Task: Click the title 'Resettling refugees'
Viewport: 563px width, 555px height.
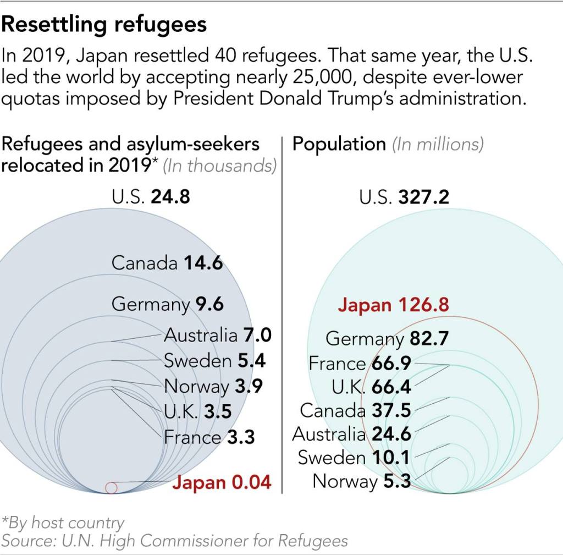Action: [104, 25]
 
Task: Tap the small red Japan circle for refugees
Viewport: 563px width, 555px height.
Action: [111, 487]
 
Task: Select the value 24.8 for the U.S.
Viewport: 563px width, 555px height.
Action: [170, 196]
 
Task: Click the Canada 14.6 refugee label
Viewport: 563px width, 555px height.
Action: [167, 263]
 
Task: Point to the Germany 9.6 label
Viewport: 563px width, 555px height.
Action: [167, 304]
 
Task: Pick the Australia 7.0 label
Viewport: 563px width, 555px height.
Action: [217, 335]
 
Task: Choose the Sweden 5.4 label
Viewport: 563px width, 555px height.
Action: [214, 361]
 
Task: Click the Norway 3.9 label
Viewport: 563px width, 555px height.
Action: [213, 387]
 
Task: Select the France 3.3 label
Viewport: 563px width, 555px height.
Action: [209, 437]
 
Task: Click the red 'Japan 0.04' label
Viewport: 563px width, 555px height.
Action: [222, 482]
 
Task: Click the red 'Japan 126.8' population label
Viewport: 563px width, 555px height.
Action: [393, 305]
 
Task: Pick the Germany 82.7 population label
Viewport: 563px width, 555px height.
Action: [387, 338]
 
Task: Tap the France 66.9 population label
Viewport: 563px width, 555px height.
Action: [360, 364]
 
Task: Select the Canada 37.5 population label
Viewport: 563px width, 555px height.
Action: [355, 410]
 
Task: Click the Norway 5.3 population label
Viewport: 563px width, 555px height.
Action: [361, 481]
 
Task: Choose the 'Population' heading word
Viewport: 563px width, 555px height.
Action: [339, 144]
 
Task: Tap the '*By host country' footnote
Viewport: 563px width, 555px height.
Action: [63, 522]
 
